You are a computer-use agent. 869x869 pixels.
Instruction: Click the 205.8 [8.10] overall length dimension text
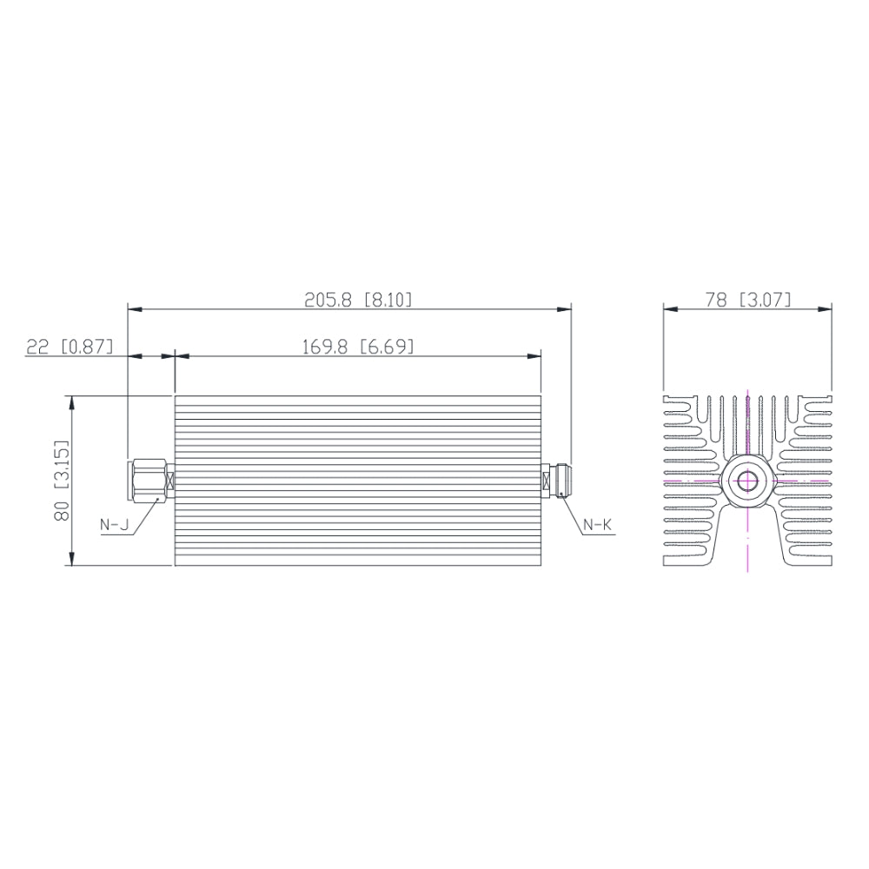click(358, 300)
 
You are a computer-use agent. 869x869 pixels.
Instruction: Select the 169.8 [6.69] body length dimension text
click(357, 347)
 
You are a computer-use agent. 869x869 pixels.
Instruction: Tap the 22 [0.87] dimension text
click(70, 347)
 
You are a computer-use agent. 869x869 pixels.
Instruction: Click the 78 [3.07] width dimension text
click(748, 300)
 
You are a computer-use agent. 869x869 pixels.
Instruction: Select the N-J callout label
click(114, 524)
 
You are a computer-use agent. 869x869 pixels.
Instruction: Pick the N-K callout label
click(597, 524)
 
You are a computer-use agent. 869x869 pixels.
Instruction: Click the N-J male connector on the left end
click(148, 481)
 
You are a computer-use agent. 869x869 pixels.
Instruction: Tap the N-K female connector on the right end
click(554, 481)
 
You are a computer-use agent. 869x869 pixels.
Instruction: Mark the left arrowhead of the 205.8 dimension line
click(134, 308)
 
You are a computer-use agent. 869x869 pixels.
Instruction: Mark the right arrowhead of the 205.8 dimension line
click(566, 308)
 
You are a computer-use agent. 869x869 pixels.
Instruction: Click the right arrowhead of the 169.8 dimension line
click(535, 355)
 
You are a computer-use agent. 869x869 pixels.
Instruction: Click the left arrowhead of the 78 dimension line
click(669, 308)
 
